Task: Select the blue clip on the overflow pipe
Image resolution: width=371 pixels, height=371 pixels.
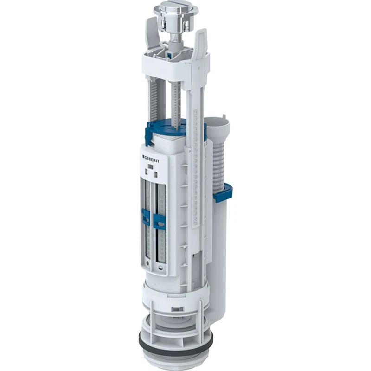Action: click(x=223, y=193)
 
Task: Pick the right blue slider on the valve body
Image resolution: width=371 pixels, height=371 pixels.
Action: click(x=160, y=222)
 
